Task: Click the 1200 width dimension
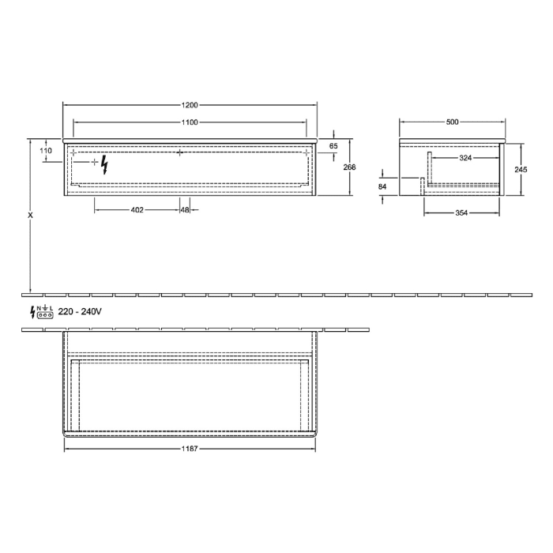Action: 189,105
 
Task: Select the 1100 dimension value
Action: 189,122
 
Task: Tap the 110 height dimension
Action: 45,150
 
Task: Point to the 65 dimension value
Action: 333,146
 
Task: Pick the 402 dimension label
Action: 137,210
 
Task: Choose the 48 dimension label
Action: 184,210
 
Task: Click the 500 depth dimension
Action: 452,122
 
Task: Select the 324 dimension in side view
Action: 466,159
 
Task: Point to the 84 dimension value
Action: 382,186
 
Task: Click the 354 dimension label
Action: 461,212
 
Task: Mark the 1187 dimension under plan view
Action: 189,449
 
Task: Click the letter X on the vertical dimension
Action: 30,214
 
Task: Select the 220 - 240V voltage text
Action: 80,312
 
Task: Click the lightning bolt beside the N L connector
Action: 33,312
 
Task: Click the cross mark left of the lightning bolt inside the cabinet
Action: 95,162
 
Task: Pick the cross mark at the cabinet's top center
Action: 180,152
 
